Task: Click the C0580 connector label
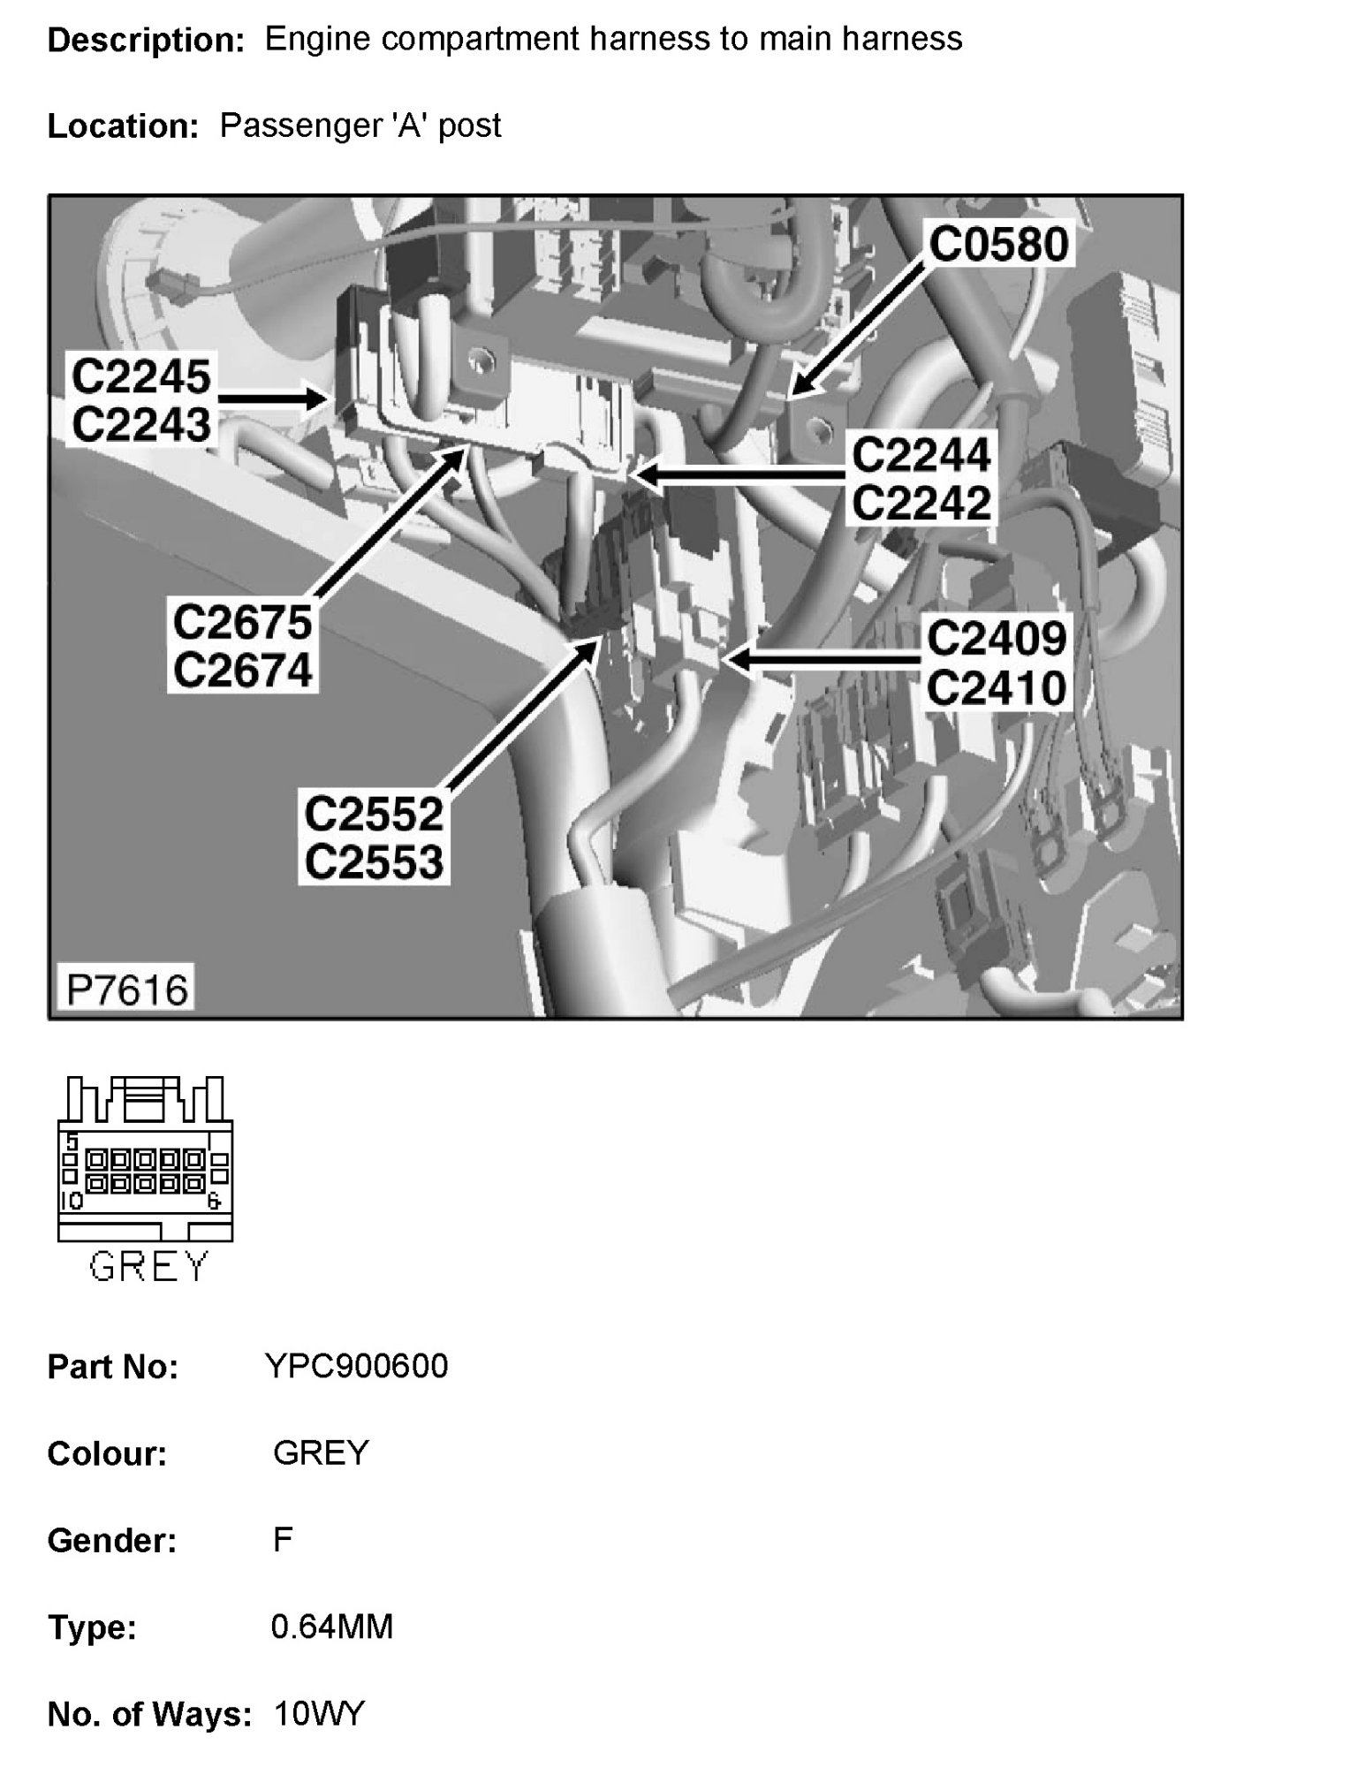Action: click(998, 244)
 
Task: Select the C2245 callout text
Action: click(141, 376)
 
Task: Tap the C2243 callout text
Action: click(141, 424)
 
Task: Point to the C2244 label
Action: click(921, 456)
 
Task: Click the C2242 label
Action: click(921, 503)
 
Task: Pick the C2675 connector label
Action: click(243, 622)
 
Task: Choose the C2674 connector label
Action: click(243, 670)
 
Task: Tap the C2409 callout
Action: click(997, 638)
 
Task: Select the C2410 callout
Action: click(997, 687)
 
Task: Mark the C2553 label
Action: click(373, 862)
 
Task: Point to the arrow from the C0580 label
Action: click(857, 327)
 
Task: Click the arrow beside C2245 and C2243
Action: click(269, 399)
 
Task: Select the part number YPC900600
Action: click(357, 1367)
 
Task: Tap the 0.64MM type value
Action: click(331, 1627)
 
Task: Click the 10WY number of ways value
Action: click(319, 1714)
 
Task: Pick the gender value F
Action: click(283, 1540)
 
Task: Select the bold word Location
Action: click(122, 126)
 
